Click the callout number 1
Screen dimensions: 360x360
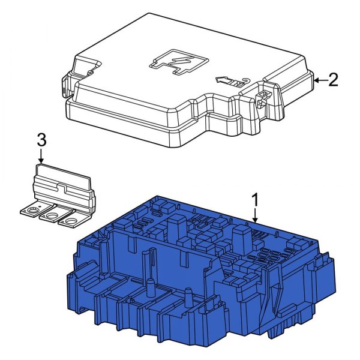pos(255,198)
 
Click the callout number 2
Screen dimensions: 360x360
pos(333,80)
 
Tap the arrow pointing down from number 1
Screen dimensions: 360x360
pos(255,215)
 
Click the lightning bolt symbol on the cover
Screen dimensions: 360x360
pos(178,62)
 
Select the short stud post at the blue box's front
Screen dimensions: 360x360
pos(188,296)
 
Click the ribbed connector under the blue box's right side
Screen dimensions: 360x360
pos(278,329)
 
